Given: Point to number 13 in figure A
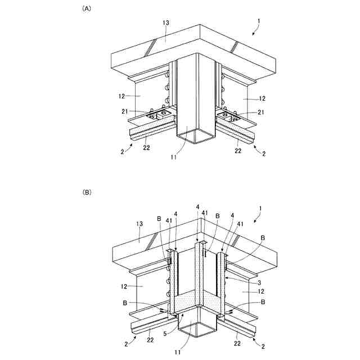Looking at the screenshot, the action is (x=165, y=23).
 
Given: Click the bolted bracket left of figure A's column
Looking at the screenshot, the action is (x=159, y=116).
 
